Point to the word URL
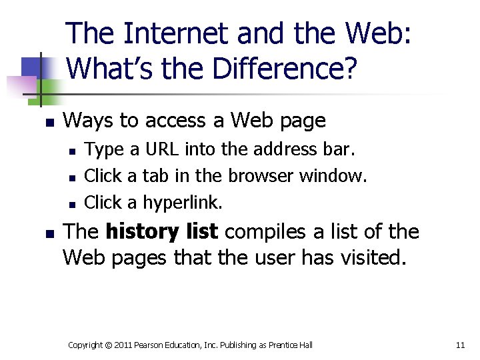[x=163, y=149]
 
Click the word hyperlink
[x=183, y=202]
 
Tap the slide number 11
[x=460, y=345]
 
